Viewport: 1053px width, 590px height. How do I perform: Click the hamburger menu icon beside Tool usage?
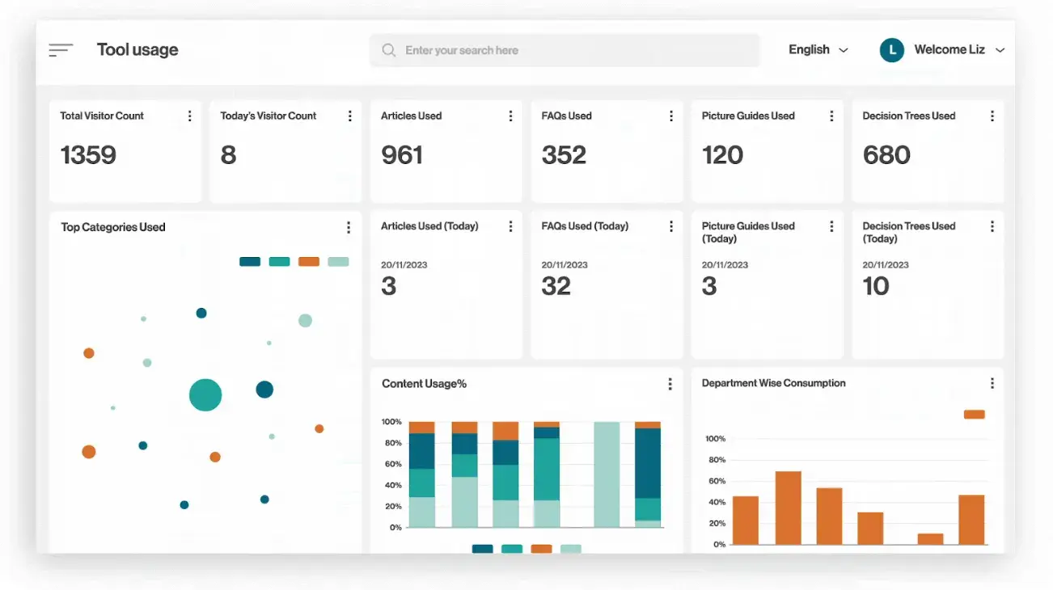coord(61,50)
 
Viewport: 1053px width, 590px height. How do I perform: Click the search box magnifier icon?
coord(389,50)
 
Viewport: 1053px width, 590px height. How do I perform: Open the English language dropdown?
coord(818,50)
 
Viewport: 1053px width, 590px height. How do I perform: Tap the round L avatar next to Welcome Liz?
coord(891,50)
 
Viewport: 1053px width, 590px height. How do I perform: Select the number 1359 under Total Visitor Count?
coord(88,154)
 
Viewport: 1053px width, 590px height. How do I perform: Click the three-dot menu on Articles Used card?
coord(510,116)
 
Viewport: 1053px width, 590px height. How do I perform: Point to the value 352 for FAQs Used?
coord(564,154)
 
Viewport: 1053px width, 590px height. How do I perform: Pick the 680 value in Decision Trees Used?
coord(886,154)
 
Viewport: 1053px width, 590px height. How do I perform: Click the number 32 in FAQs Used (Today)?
coord(556,286)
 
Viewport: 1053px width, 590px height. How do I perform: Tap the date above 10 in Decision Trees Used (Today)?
coord(886,265)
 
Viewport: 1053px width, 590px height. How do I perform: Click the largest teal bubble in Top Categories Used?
coord(205,394)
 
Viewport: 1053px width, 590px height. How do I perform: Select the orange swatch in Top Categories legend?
coord(309,262)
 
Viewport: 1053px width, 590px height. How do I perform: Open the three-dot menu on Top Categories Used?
coord(349,228)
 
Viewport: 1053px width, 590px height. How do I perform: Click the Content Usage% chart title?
coord(424,384)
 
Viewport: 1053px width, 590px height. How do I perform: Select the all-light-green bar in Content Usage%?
coord(607,474)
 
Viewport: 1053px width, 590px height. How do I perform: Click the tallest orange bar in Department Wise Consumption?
coord(788,508)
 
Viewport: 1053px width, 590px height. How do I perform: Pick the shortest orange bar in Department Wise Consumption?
coord(930,538)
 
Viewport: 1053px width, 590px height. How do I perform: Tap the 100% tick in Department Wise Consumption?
coord(715,439)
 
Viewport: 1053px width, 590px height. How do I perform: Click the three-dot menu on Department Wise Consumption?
coord(992,384)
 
